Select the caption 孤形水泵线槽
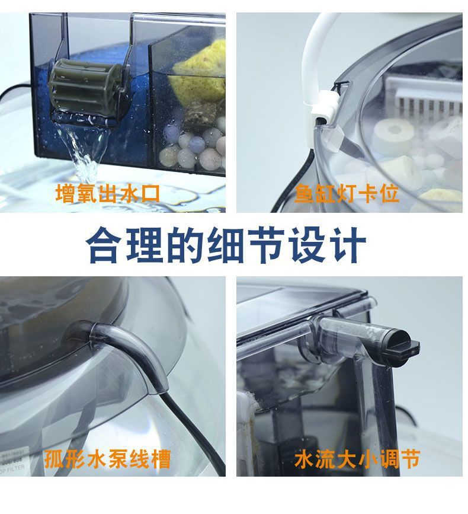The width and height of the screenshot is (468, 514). coord(107,459)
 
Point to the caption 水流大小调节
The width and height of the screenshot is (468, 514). coord(357,459)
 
